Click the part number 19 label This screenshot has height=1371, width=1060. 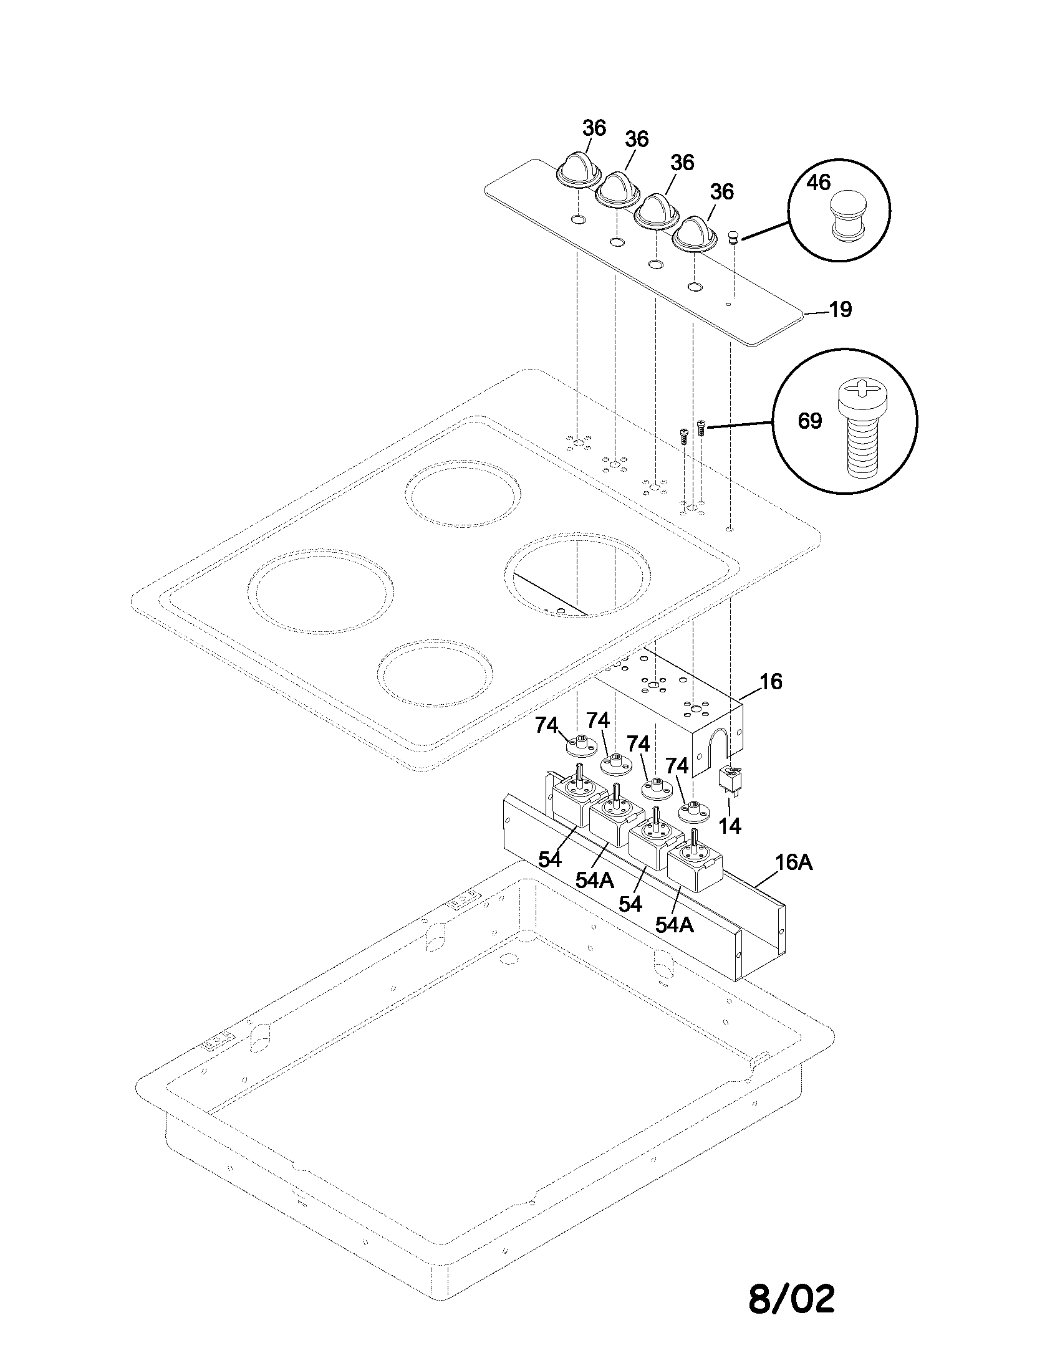click(x=841, y=310)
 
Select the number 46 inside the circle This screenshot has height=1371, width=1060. click(x=818, y=183)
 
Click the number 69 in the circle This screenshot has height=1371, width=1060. click(x=809, y=421)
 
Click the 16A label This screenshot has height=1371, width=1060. click(x=794, y=862)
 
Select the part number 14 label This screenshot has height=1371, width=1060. click(x=730, y=826)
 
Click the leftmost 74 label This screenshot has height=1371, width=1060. click(x=546, y=725)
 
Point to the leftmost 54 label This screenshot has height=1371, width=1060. click(x=549, y=859)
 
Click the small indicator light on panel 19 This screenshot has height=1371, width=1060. click(x=732, y=237)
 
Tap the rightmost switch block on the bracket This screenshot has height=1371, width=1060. click(x=696, y=863)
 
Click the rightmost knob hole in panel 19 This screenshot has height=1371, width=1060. click(x=695, y=287)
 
